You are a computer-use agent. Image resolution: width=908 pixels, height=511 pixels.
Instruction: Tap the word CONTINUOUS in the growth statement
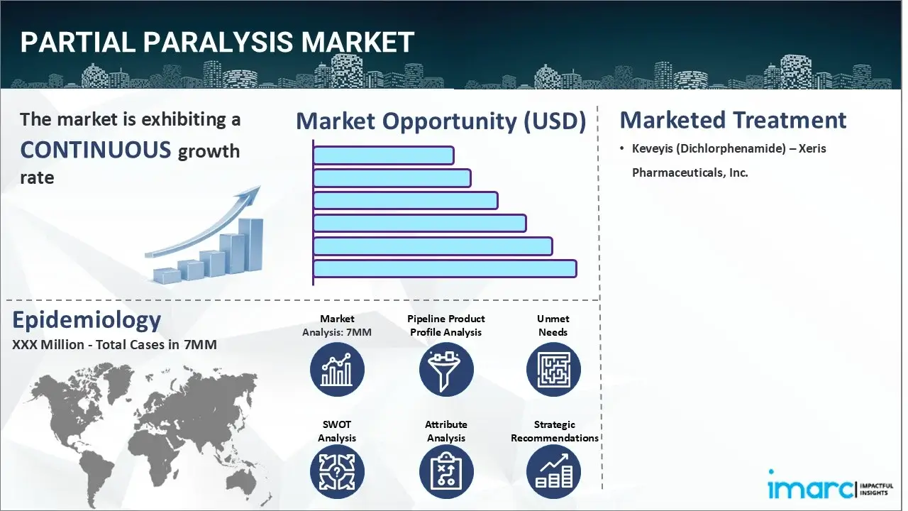pos(96,150)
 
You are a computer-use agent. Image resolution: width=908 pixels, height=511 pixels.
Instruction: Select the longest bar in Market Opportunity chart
pos(445,268)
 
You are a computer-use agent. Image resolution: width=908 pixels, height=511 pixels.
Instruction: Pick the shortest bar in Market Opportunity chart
pos(383,155)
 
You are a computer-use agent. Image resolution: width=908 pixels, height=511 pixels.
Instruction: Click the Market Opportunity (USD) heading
pos(441,121)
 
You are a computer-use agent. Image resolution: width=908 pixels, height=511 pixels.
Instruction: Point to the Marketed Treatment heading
pos(733,120)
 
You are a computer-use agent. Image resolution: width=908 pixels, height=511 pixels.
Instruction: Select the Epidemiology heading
pos(87,321)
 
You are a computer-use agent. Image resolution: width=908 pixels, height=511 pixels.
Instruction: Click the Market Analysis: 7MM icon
pos(337,369)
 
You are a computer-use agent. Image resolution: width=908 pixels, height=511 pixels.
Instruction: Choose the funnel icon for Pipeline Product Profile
pos(445,369)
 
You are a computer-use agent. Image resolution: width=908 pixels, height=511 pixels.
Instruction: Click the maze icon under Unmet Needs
pos(553,369)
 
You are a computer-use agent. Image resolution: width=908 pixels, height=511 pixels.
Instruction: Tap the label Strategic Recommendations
pos(555,432)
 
